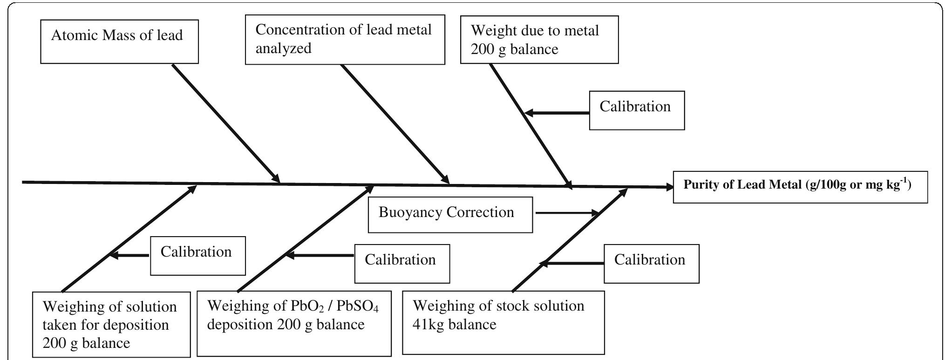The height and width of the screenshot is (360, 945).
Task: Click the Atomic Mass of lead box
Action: [119, 41]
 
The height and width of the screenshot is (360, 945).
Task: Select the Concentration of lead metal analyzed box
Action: [345, 40]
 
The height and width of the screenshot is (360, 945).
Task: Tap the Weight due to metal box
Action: [539, 40]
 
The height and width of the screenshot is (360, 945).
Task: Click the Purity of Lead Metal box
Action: [800, 187]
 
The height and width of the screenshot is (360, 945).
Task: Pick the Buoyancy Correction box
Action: [450, 214]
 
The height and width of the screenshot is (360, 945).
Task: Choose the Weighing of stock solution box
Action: [503, 323]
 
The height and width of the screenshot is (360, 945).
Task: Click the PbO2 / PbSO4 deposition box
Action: [294, 323]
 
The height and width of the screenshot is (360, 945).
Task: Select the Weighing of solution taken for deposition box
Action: [111, 324]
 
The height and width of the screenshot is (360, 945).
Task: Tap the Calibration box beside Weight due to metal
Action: [636, 110]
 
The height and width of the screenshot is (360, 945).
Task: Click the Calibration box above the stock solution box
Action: [651, 264]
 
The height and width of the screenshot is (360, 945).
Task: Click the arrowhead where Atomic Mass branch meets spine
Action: [277, 179]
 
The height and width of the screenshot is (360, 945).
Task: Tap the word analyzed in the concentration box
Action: [283, 49]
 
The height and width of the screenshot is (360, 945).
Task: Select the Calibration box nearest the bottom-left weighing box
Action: [197, 256]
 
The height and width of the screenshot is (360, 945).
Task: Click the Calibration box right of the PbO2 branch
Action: [402, 264]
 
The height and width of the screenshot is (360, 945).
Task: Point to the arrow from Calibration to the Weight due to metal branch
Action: [557, 113]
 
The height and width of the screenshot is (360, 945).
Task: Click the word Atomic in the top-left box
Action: [72, 36]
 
